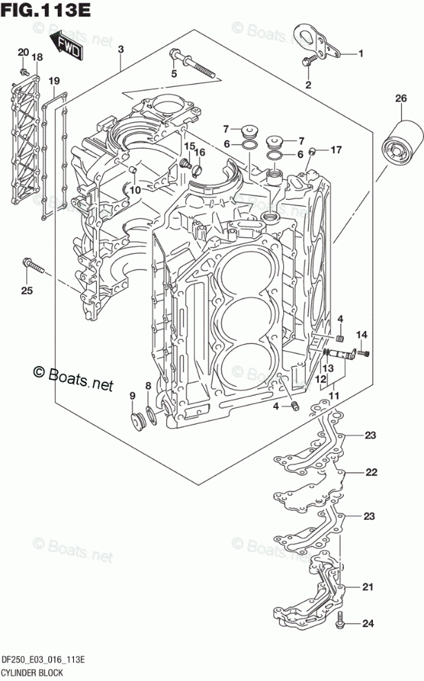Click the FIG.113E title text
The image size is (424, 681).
(46, 10)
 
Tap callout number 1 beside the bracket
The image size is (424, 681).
(361, 54)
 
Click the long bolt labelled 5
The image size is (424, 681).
(193, 64)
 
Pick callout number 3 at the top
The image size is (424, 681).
(121, 49)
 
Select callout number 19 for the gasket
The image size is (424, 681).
(54, 81)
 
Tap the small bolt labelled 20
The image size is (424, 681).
(24, 71)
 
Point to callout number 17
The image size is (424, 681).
(336, 150)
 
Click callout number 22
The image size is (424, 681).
(371, 472)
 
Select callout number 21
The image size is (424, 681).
(368, 587)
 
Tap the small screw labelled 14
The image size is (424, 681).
(363, 354)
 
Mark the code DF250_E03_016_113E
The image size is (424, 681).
(44, 660)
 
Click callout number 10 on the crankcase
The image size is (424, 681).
(135, 190)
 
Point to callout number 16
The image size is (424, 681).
(200, 152)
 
